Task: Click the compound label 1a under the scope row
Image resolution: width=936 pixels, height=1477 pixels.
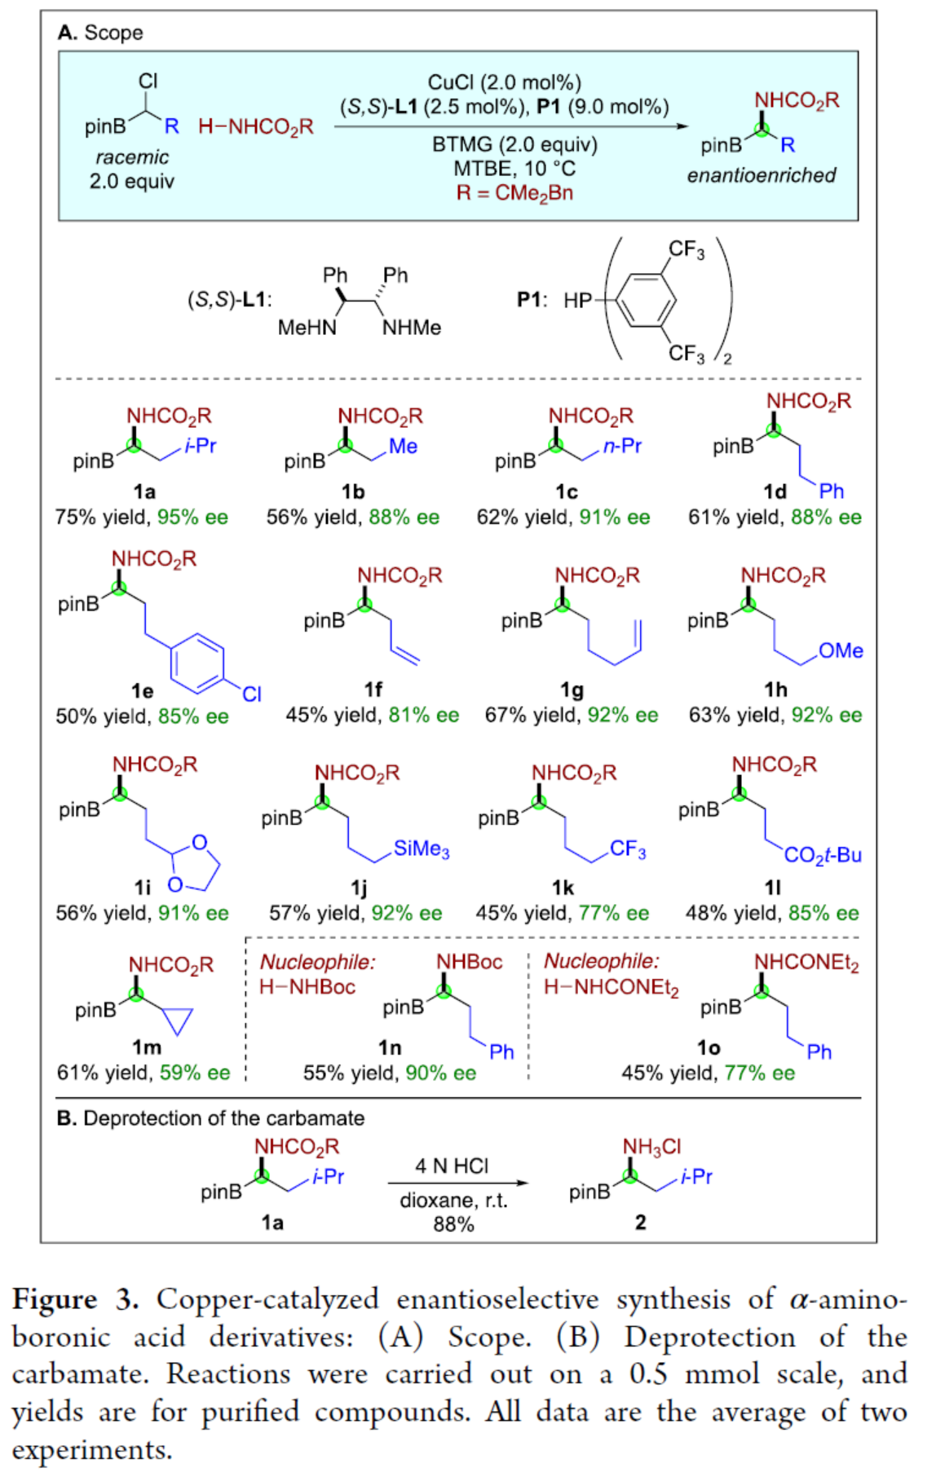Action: (144, 492)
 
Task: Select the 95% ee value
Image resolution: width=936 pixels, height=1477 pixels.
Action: (192, 517)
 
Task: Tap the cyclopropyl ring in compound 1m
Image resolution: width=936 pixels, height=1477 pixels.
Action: (178, 1020)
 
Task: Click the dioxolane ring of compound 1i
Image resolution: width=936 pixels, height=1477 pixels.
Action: (195, 865)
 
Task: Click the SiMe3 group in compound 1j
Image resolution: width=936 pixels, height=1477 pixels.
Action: (421, 849)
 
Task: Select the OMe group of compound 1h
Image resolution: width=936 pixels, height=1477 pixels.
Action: (841, 651)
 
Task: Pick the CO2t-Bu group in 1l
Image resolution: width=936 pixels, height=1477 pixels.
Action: (822, 855)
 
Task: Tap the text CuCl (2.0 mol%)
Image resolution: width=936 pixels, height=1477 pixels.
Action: (504, 83)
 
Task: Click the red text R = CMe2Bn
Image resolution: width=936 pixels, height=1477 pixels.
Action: (514, 193)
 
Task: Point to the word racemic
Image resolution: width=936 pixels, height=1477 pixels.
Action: (132, 157)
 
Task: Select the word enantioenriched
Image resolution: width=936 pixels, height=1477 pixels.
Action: (762, 175)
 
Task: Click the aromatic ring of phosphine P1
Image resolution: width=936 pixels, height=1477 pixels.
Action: (646, 301)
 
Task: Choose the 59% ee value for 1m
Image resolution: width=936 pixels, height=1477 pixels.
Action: (195, 1073)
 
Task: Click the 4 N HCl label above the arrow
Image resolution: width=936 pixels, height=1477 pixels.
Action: (452, 1166)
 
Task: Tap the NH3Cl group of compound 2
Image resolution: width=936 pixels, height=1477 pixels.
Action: (651, 1147)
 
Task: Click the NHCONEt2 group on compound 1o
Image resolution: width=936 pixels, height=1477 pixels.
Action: (806, 963)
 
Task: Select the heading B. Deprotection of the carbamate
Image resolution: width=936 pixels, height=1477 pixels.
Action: (210, 1118)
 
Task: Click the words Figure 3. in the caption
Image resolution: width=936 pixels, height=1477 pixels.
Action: (74, 1299)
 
